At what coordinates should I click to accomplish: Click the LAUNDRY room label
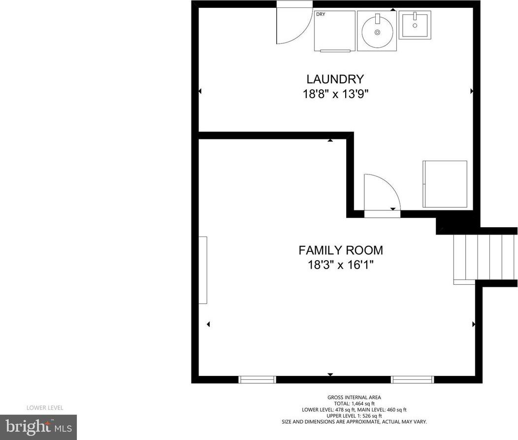(335, 79)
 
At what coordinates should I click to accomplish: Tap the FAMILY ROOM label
(341, 250)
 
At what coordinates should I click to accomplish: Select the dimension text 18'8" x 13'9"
(335, 95)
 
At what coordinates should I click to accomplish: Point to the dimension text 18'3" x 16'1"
(341, 265)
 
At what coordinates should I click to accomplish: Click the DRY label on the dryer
(321, 14)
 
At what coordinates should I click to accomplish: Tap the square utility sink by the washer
(415, 25)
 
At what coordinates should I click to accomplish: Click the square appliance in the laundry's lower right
(445, 184)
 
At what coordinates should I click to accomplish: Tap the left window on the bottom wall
(257, 379)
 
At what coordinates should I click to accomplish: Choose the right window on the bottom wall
(412, 379)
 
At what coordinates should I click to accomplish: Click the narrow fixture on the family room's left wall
(202, 270)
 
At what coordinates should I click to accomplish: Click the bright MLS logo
(38, 428)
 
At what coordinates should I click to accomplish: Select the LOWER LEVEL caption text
(45, 408)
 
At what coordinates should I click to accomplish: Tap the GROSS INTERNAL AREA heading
(354, 397)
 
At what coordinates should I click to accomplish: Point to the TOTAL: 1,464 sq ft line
(354, 404)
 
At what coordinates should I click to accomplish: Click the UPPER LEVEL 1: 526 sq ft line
(354, 416)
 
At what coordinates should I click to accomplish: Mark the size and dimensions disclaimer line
(354, 422)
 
